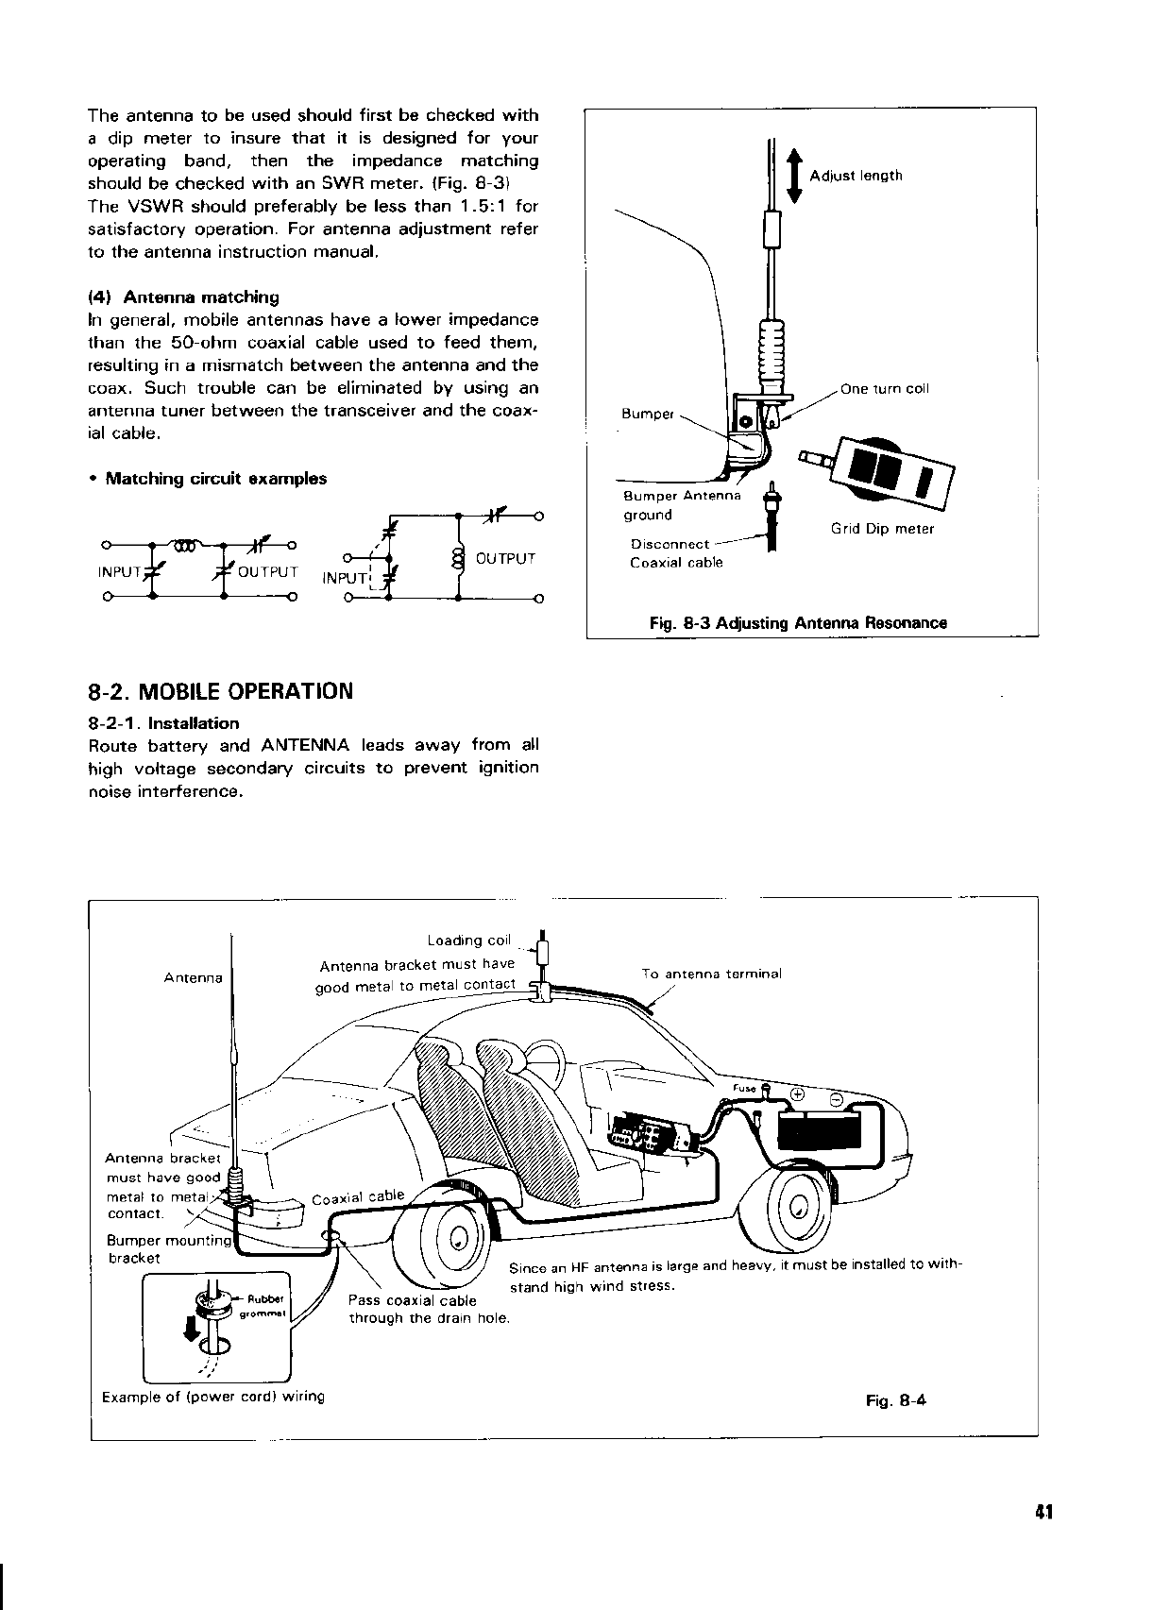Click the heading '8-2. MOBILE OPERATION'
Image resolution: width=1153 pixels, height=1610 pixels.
[x=220, y=691]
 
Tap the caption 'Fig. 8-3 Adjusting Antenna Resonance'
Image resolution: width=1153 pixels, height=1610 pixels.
[x=798, y=623]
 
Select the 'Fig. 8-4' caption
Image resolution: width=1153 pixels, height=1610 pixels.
[x=896, y=1401]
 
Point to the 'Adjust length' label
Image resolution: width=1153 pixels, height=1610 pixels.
[x=856, y=176]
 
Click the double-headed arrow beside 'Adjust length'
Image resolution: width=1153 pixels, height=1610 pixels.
[x=794, y=175]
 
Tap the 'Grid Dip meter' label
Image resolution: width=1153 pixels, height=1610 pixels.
[x=882, y=529]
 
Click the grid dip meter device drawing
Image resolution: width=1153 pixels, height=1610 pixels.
[x=882, y=468]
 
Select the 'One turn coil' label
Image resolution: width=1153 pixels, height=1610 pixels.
[x=884, y=389]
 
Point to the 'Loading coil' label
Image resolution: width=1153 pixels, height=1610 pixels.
[x=468, y=941]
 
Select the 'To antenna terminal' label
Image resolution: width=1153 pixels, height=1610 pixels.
[x=711, y=974]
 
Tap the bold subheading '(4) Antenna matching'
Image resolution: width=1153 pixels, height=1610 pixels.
[x=183, y=297]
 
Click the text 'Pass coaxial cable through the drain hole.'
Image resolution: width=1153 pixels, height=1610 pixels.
[x=429, y=1310]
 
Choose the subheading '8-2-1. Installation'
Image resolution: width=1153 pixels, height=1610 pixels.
[x=163, y=724]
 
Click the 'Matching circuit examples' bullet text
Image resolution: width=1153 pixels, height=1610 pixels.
[x=215, y=479]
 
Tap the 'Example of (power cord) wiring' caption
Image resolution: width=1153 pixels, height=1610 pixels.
[x=212, y=1397]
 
